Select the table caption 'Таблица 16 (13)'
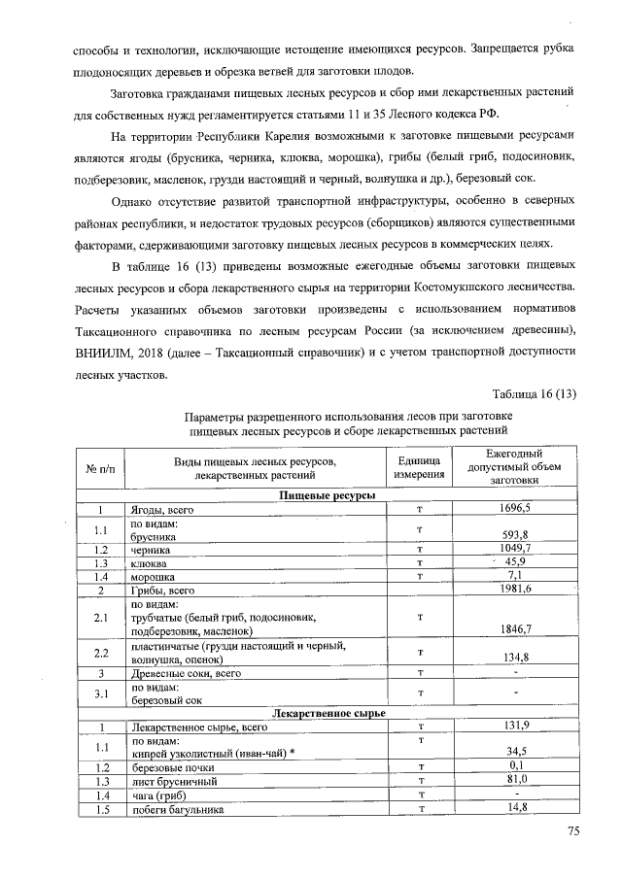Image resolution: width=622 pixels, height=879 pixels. click(535, 393)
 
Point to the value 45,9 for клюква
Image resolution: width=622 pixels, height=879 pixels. click(514, 562)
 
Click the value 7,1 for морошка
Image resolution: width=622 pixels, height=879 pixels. click(514, 576)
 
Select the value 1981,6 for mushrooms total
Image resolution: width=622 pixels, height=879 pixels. click(514, 590)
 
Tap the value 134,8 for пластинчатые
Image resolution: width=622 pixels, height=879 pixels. click(514, 657)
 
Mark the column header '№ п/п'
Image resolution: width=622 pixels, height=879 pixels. click(100, 468)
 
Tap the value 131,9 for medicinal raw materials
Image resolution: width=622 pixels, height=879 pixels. click(514, 726)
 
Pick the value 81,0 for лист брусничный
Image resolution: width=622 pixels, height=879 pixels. click(514, 780)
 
